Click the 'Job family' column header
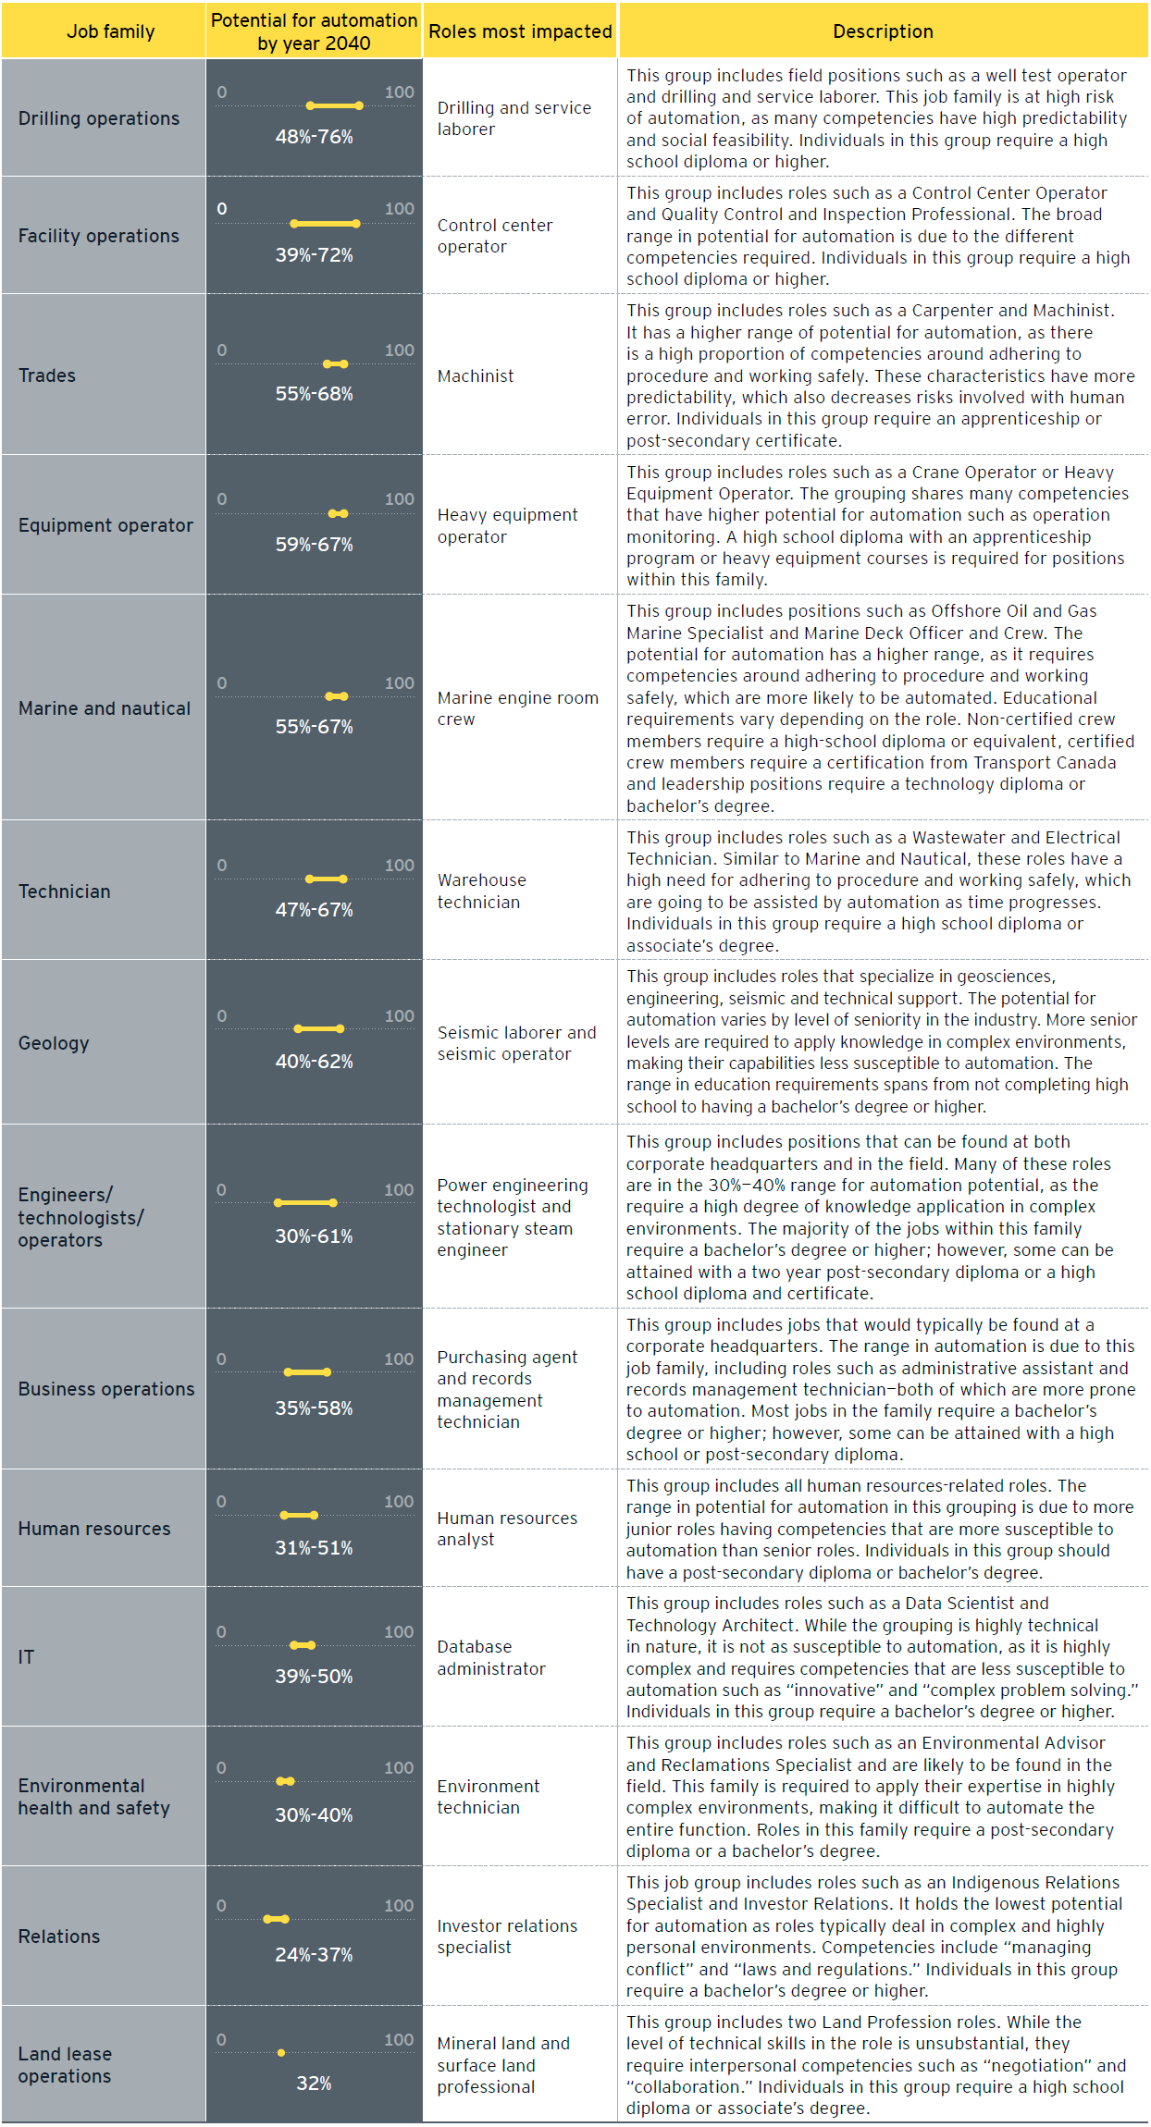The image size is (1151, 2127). point(110,31)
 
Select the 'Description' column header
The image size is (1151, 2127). point(883,31)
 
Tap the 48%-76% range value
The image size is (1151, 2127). point(314,137)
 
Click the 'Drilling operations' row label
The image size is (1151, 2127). point(99,118)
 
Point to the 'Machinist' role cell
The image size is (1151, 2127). point(476,375)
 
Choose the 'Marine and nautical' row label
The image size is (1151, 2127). point(105,708)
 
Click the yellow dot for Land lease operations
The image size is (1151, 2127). point(281,2053)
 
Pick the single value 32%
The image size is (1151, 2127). point(314,2083)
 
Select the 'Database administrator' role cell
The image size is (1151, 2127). point(491,1657)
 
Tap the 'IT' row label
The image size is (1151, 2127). point(26,1657)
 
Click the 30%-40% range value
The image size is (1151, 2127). point(314,1814)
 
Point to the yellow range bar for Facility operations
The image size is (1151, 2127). point(325,224)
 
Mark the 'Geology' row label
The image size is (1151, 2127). point(54,1043)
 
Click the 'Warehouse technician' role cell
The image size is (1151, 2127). point(481,891)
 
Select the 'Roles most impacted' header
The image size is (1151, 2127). point(520,31)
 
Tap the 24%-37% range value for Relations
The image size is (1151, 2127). point(314,1954)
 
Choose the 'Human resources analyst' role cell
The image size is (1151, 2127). point(507,1529)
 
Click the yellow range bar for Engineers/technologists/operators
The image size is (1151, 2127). point(305,1203)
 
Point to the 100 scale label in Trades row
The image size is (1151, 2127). point(400,350)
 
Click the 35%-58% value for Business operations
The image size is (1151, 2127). point(314,1408)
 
